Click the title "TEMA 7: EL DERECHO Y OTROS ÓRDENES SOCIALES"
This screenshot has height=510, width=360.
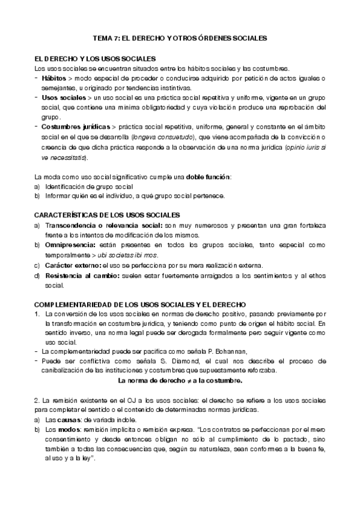179,37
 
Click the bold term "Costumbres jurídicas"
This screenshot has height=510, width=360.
75,127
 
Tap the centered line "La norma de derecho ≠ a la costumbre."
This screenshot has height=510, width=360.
180,381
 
